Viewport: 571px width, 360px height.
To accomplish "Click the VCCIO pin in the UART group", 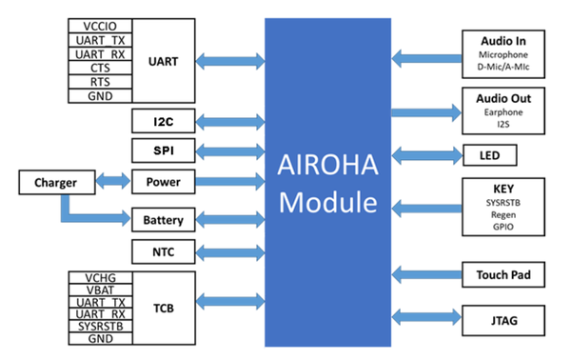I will [100, 25].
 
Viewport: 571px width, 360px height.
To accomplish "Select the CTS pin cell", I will [100, 69].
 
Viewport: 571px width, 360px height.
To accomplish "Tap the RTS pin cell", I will [100, 83].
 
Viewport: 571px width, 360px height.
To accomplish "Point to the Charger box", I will [55, 181].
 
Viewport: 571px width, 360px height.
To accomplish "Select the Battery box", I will [164, 220].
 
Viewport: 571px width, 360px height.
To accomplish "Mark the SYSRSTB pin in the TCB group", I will [100, 326].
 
